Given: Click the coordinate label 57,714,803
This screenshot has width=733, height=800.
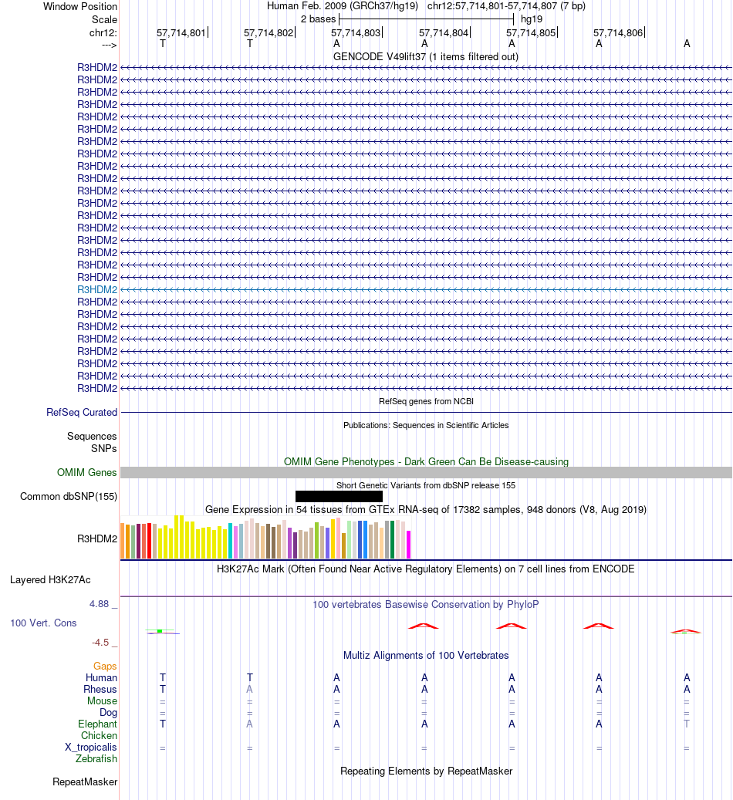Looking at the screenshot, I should tap(356, 33).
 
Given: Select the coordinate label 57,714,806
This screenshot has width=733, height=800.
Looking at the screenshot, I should tap(618, 33).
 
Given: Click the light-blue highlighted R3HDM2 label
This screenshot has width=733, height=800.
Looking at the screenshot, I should tap(97, 289).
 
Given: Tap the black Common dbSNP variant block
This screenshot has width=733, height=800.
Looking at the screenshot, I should tap(339, 496).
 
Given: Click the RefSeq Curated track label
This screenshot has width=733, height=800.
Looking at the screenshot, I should tap(82, 413).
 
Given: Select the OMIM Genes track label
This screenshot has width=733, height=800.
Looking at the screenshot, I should tap(87, 473).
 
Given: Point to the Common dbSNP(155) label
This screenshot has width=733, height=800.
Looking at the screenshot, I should tap(69, 496).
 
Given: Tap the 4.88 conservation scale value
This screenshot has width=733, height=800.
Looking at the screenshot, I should tap(102, 604).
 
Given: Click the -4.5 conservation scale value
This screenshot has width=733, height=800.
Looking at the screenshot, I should tap(104, 642).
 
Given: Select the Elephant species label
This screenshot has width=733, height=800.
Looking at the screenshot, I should tap(97, 724).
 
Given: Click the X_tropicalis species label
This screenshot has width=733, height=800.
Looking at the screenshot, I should tap(91, 748).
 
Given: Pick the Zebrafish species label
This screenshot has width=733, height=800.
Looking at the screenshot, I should tap(96, 759).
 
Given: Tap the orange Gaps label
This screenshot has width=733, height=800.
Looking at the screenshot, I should tap(105, 666).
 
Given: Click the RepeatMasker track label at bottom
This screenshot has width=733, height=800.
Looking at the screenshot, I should tap(85, 782).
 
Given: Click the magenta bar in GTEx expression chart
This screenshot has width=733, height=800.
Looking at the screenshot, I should tap(409, 544).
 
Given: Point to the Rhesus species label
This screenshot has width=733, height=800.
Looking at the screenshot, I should tap(100, 690).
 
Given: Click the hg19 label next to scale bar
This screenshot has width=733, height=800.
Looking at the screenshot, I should tap(531, 18).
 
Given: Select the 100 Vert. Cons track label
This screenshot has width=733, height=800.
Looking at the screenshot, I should tap(43, 623).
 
